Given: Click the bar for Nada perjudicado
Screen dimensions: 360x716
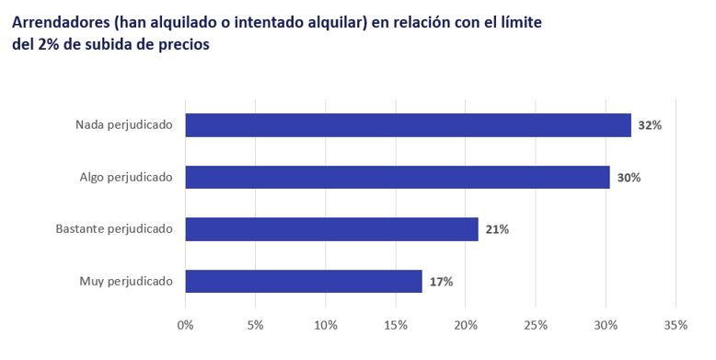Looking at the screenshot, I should (408, 125).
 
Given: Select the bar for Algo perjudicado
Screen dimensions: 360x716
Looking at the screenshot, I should (398, 177).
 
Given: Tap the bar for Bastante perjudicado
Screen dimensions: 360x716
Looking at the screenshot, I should (331, 229).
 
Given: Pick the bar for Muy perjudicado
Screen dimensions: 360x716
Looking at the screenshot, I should (304, 281).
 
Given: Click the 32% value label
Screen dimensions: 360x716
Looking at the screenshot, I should (650, 125).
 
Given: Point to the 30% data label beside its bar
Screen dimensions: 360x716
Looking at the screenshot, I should (629, 177).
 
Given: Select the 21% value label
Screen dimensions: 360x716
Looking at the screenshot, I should (497, 229).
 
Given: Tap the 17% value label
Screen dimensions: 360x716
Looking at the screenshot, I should (441, 281).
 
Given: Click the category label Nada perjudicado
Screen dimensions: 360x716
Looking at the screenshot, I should (124, 125).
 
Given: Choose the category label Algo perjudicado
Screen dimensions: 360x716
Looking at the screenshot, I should (126, 177).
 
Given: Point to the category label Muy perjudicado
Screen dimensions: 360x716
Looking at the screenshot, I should (127, 281).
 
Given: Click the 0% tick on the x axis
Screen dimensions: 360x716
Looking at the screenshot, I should (186, 325).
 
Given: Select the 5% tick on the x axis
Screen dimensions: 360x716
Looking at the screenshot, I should (256, 325).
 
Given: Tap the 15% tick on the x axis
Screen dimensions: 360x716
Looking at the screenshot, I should (396, 325).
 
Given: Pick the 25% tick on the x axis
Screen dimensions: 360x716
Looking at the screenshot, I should (536, 325).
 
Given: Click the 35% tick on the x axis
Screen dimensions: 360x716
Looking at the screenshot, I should (676, 325).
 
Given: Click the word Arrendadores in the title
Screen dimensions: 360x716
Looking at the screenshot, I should (65, 21).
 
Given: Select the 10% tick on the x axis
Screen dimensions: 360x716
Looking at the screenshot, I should (326, 325).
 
